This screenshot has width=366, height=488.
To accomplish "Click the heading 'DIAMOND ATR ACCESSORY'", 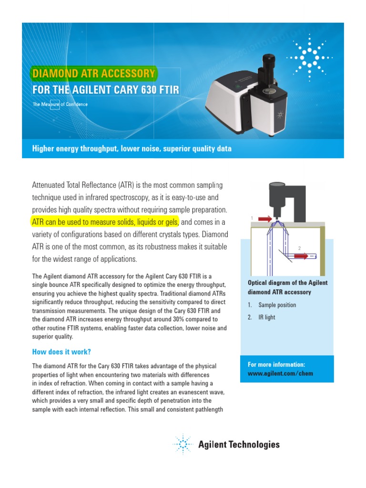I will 93,74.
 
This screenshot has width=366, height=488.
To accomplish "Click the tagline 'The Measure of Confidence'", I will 60,104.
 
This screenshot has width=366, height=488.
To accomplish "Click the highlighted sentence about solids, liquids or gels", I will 105,222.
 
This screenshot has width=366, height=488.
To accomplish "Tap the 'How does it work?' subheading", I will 61,352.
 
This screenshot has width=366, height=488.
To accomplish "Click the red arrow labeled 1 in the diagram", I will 264,219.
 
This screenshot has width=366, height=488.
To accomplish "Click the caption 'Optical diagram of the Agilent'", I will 288,283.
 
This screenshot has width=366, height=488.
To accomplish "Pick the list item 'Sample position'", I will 277,305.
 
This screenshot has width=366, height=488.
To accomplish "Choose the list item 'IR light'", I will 266,317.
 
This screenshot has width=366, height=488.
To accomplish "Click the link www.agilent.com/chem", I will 280,373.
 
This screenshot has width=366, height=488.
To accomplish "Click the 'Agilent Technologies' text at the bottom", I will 239,445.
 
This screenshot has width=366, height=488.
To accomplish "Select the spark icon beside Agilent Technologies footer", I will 182,445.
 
